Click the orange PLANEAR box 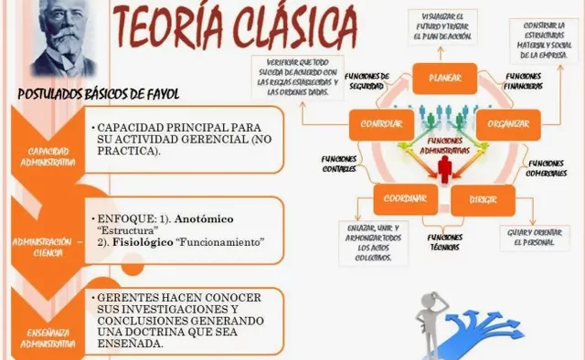(445, 79)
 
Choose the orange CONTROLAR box (381, 124)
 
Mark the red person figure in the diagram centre (446, 166)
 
